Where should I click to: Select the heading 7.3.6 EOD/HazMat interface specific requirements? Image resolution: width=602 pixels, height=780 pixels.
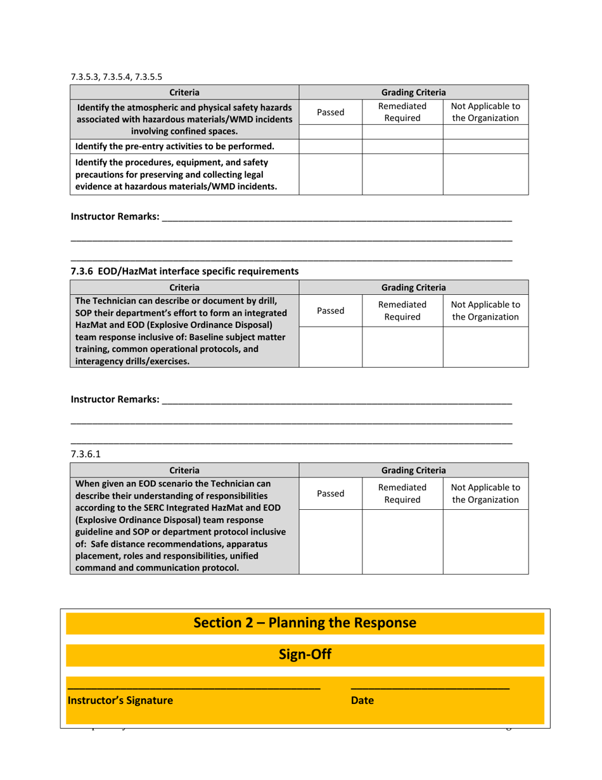pos(184,271)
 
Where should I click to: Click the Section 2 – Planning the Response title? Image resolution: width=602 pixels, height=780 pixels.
pos(305,623)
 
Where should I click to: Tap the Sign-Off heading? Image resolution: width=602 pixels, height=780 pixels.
pos(305,654)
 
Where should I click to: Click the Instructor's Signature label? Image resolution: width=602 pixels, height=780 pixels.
pos(120,701)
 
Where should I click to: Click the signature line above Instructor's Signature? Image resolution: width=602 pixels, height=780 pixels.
pos(194,688)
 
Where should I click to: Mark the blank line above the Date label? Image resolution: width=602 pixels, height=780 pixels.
pos(430,688)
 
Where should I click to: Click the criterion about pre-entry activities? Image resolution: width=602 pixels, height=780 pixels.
pos(184,147)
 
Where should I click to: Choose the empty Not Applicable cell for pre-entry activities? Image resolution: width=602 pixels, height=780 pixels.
pos(485,147)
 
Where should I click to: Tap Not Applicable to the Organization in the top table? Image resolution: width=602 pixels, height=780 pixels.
pos(485,112)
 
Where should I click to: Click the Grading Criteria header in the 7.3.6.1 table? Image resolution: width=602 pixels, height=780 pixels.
pos(413,470)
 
